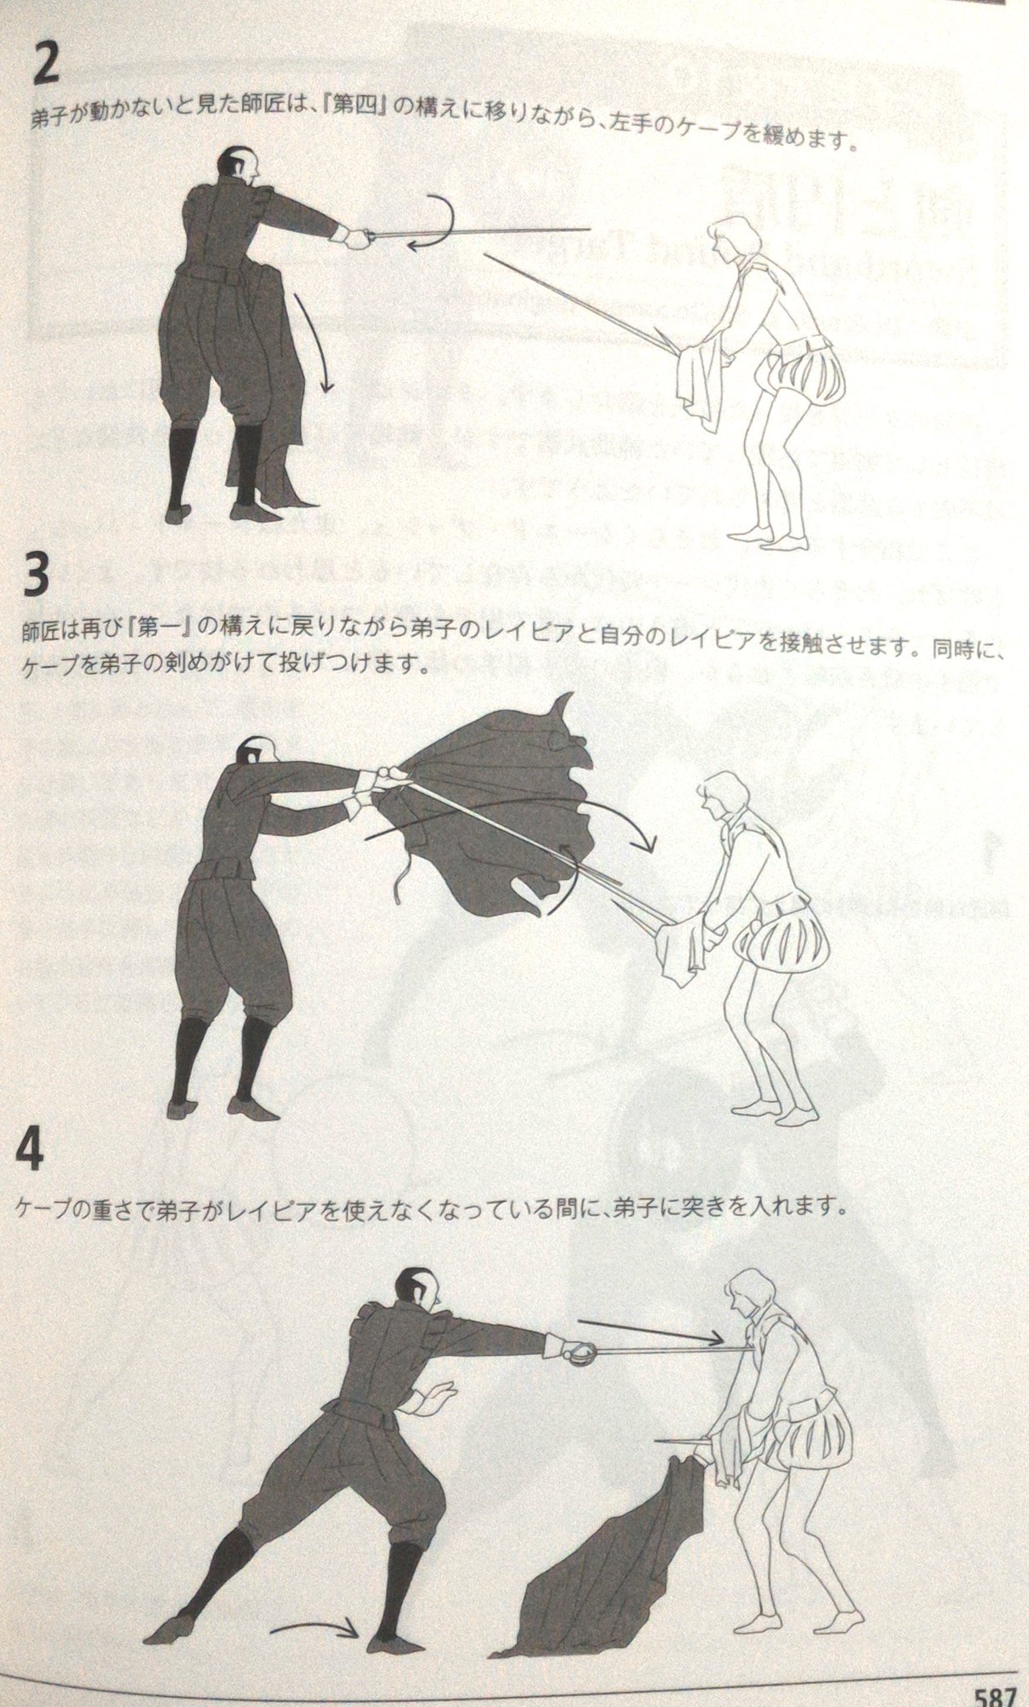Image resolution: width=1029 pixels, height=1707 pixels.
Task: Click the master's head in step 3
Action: tap(253, 757)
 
